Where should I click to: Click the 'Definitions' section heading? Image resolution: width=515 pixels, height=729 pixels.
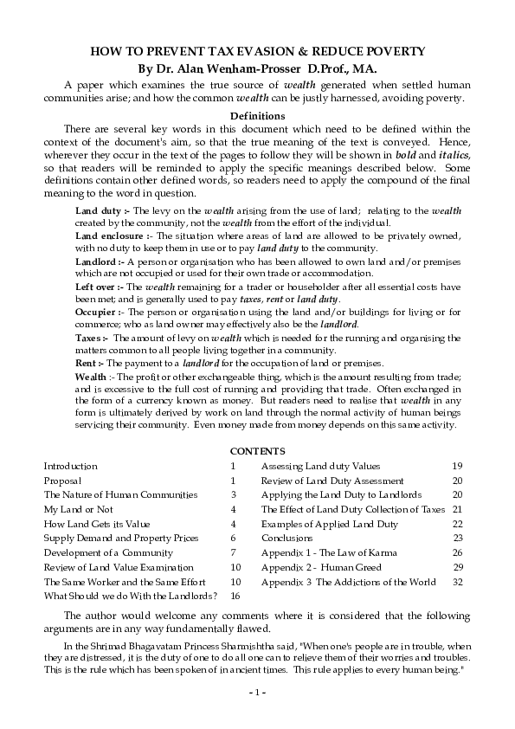tap(257, 115)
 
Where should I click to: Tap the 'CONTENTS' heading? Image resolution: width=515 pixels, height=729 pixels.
tap(257, 451)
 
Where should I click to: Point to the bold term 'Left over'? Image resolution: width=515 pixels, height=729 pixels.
tap(95, 286)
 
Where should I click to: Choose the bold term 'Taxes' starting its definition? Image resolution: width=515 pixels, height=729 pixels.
tap(89, 337)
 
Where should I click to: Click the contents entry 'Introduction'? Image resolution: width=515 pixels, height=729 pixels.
tap(71, 466)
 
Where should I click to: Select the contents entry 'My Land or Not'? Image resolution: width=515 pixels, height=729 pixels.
tap(79, 510)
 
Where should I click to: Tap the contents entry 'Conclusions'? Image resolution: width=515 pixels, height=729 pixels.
tap(286, 538)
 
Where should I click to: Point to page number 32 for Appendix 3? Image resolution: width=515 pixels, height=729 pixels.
tap(458, 582)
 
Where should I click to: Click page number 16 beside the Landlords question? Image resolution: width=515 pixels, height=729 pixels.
tap(235, 597)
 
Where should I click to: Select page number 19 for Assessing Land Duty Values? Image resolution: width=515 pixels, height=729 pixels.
tap(458, 466)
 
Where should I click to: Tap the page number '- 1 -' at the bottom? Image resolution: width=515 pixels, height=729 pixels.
tap(257, 692)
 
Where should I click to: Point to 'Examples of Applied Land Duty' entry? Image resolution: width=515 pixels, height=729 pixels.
tap(330, 524)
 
